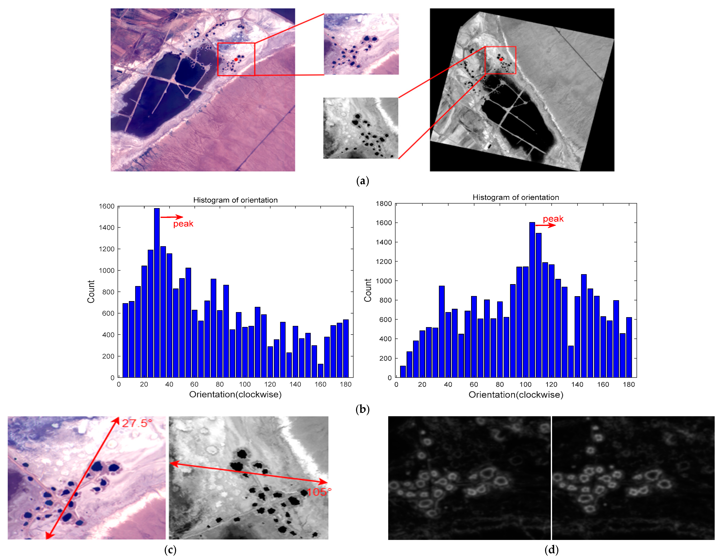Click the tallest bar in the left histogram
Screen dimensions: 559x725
click(x=157, y=292)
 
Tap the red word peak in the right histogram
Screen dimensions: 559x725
click(x=553, y=219)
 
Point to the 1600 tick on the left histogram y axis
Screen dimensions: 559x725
click(x=106, y=206)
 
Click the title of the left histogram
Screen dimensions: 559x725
click(x=235, y=200)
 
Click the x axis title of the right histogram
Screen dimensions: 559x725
click(x=516, y=395)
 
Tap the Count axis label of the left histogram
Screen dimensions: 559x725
click(x=91, y=292)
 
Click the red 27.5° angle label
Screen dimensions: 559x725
click(x=137, y=423)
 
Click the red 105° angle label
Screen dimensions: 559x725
click(x=319, y=492)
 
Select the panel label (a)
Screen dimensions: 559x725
click(x=362, y=181)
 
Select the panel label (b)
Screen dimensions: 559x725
click(x=362, y=409)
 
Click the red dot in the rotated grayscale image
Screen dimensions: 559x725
click(x=501, y=59)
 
